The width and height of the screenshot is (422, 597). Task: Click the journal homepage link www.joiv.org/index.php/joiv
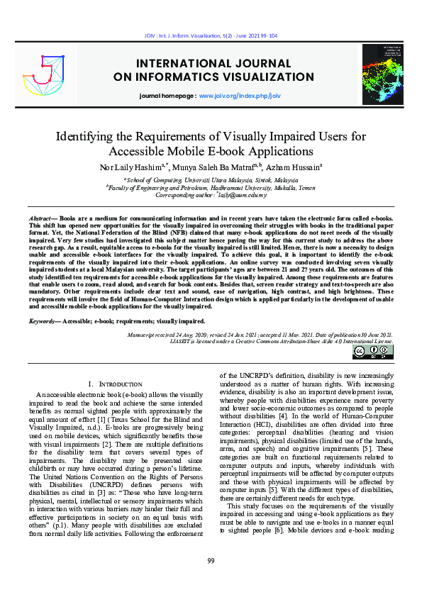click(240, 94)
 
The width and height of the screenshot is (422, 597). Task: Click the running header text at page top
click(211, 33)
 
